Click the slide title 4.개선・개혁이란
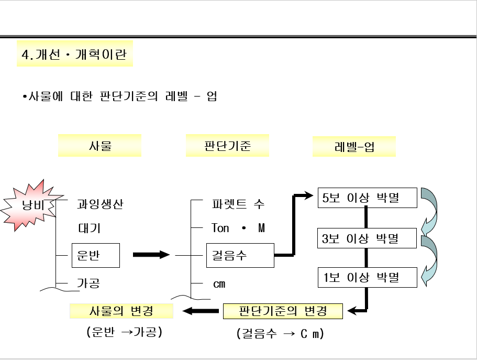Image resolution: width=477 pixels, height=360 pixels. point(74,54)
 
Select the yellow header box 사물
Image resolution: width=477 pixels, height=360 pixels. point(99,146)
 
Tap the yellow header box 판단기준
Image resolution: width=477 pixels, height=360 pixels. point(227,145)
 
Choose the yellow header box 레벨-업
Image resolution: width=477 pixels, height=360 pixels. point(354,146)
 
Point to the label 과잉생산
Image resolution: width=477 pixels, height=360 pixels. point(100,204)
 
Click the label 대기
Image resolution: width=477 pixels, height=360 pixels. point(88,228)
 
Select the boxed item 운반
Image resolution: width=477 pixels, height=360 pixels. point(95,255)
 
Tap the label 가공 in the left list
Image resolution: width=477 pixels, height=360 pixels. point(88,283)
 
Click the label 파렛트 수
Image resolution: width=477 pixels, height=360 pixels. point(238,204)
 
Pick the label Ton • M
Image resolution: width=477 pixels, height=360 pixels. point(238,228)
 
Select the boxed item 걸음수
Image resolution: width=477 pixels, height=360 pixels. point(240,255)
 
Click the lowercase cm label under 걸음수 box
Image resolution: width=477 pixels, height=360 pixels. point(219,283)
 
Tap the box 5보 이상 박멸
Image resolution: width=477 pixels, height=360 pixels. point(367,198)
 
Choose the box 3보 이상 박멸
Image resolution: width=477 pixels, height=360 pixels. point(367,238)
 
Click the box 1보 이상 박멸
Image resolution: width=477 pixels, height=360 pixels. point(367,277)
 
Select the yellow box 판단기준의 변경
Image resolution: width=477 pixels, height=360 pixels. point(283,311)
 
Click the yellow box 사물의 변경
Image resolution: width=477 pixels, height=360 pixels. point(121,311)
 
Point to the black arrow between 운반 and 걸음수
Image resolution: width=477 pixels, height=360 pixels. point(151,255)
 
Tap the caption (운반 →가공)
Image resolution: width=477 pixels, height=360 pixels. point(124,332)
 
